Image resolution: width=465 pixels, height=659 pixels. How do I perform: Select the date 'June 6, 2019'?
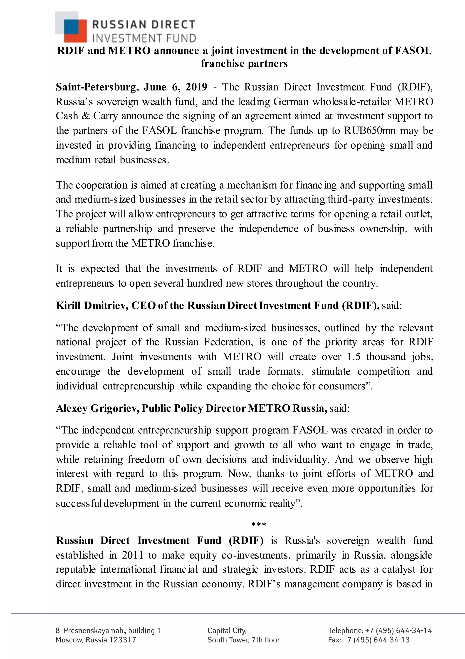click(175, 87)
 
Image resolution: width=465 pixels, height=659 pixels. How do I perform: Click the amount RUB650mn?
click(370, 131)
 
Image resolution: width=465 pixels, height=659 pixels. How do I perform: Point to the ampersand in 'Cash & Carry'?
click(85, 116)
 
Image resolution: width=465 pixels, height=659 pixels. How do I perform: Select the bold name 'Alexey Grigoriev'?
click(98, 408)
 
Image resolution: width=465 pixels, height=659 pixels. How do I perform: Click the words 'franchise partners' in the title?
click(244, 63)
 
